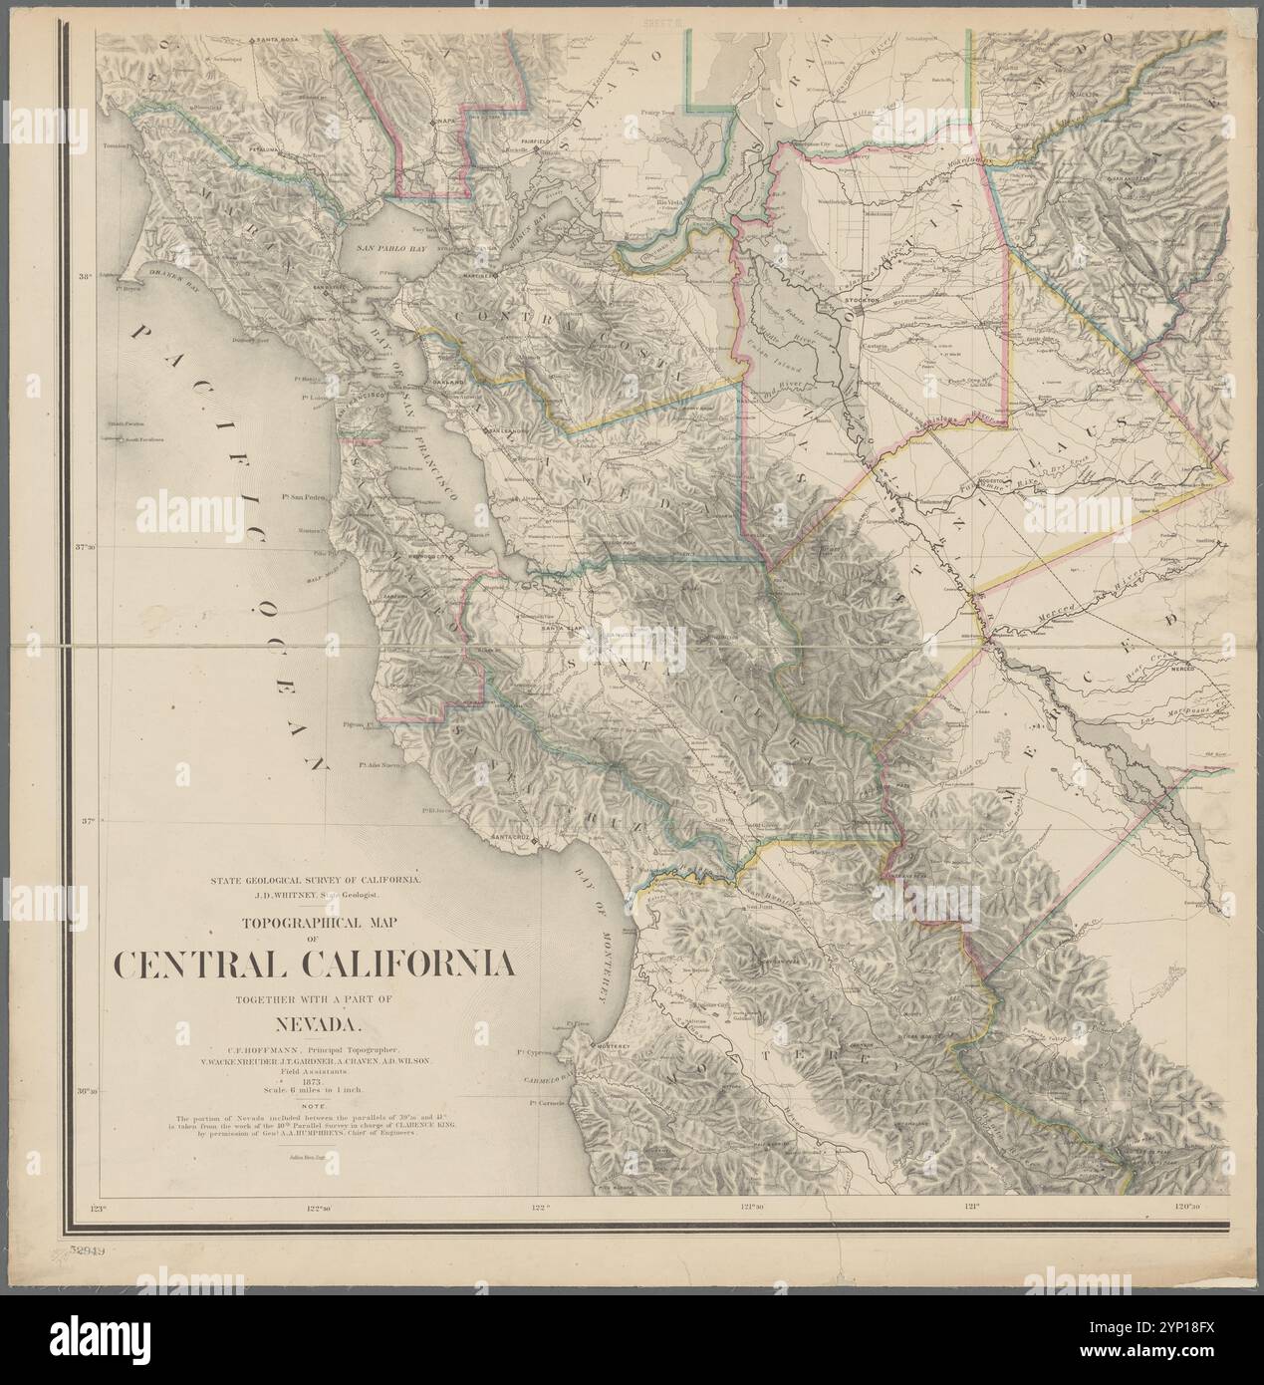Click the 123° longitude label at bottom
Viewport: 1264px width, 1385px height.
coord(97,1209)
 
